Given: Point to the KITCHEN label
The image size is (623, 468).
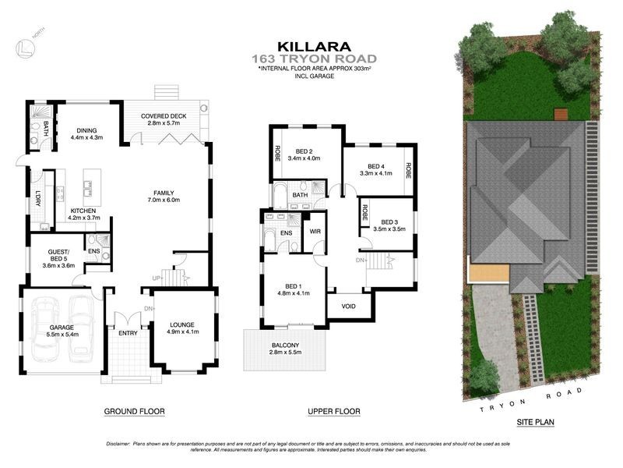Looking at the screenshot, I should coord(83,211).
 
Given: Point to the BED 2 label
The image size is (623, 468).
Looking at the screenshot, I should coord(303,152).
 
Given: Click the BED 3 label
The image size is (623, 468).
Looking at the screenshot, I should coord(384,222).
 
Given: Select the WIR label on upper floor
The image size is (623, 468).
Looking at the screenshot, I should coord(316,232).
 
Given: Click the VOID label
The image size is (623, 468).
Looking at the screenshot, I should coord(348,306).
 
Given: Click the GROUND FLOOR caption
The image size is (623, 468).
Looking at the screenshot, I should coord(134,411).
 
